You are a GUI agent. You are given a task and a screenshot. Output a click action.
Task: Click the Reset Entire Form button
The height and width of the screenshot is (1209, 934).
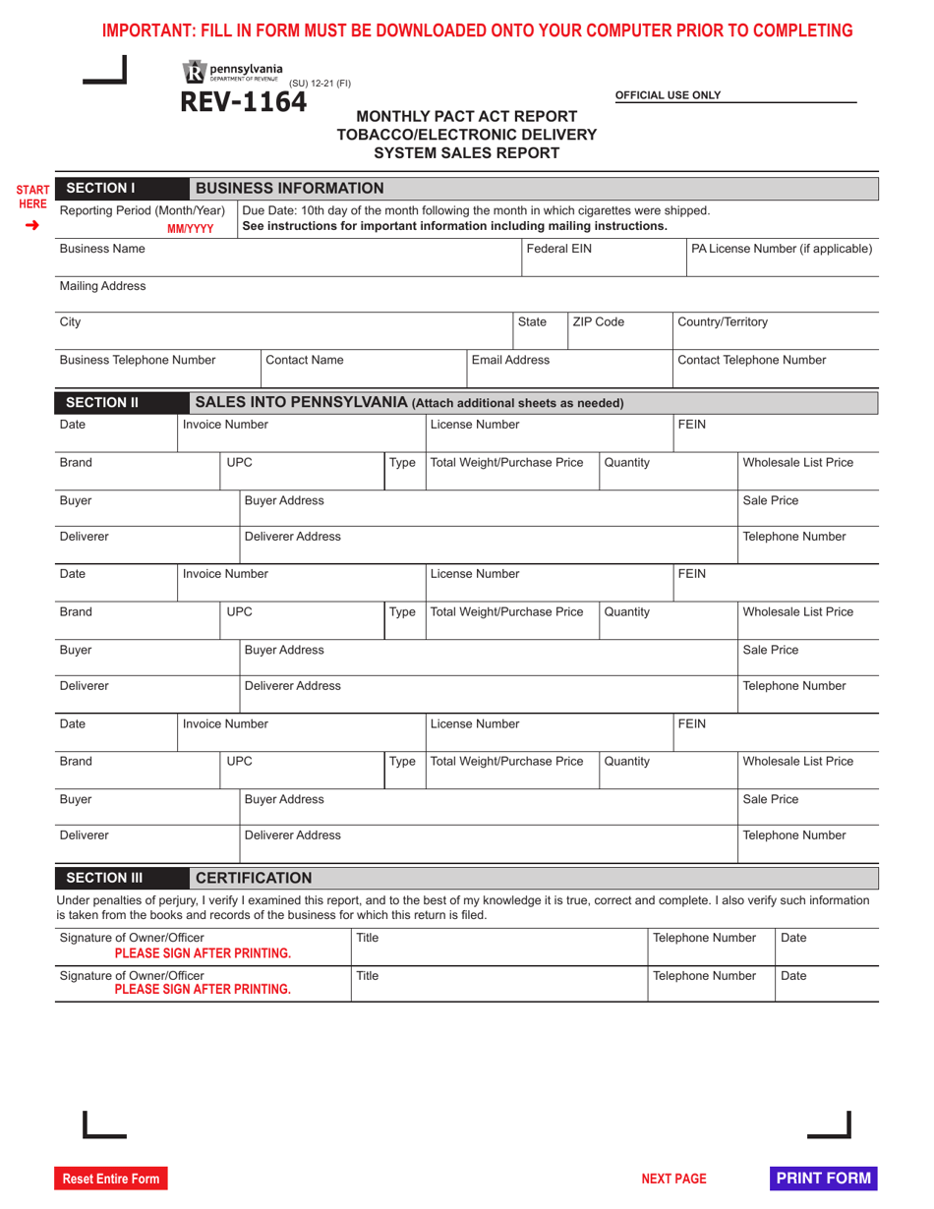click(111, 1179)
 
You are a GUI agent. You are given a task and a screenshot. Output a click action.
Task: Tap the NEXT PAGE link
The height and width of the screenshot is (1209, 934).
click(673, 1179)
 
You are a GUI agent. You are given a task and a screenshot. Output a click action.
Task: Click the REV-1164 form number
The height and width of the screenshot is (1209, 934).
click(243, 102)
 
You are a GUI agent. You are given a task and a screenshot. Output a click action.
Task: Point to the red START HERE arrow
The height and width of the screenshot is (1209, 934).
click(32, 225)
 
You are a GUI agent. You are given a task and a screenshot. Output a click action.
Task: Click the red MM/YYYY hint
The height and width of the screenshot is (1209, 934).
click(190, 229)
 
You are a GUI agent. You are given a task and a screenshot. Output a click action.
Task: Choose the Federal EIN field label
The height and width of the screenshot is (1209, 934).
click(558, 249)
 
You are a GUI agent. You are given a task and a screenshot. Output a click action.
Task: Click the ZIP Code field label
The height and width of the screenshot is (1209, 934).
click(598, 321)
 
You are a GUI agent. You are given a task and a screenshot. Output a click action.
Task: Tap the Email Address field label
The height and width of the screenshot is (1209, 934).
click(510, 360)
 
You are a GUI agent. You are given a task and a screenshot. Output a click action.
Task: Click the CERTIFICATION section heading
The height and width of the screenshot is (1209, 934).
click(254, 878)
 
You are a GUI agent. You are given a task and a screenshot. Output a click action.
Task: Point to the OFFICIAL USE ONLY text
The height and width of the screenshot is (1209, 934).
click(668, 95)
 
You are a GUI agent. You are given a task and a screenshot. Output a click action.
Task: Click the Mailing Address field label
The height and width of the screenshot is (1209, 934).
click(102, 286)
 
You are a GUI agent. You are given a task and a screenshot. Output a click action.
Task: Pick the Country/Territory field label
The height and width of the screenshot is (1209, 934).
click(723, 321)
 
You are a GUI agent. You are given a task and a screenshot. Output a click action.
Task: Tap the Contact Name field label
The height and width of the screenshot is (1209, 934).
click(305, 360)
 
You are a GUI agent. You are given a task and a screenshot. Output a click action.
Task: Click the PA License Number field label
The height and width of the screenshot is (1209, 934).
click(782, 249)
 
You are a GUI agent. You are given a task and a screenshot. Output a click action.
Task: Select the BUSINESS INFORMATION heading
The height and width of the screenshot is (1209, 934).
click(289, 188)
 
